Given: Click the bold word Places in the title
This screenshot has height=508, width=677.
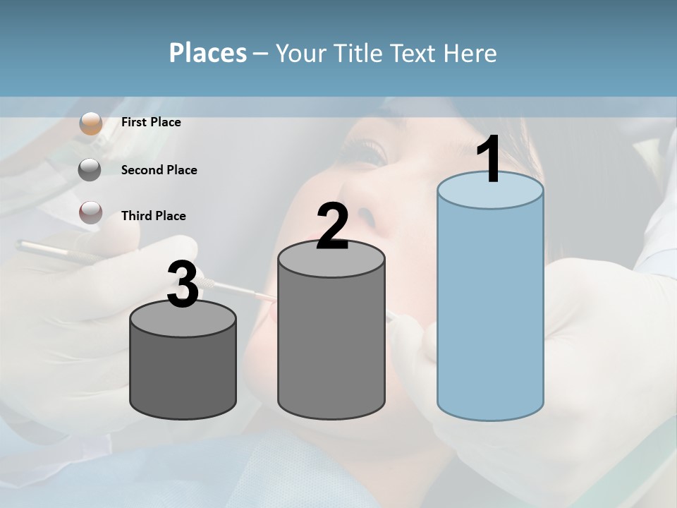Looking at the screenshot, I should pos(208,53).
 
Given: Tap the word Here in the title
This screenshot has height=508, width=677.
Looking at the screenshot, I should pos(470,53).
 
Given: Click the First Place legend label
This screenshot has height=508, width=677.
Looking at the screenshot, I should pos(151,122).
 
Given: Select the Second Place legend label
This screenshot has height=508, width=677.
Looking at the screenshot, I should pos(159,170).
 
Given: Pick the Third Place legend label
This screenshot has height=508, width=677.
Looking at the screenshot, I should pos(153,216).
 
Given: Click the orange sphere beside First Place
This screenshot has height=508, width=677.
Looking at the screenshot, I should pos(91,123).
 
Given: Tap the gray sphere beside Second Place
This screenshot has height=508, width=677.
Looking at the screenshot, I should pos(90,170).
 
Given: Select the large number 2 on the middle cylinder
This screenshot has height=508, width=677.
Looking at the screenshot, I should pos(332,226).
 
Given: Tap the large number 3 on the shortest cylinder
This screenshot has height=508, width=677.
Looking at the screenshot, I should pos(183,284).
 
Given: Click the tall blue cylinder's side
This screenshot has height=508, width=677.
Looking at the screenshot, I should pos(490,310).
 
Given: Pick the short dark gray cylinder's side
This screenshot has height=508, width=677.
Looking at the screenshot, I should pos(183,374).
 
